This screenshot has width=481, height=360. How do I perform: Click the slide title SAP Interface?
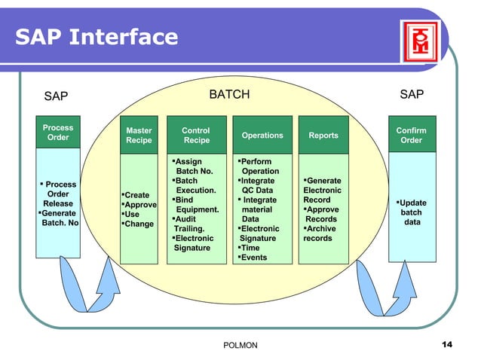[96, 36]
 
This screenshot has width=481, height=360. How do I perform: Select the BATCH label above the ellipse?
[228, 95]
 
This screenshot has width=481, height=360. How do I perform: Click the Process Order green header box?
[58, 133]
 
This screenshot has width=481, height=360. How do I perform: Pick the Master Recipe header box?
[139, 136]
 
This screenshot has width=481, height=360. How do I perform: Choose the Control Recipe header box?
[196, 136]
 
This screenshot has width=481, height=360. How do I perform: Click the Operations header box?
[262, 136]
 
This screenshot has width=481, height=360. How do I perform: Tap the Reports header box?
[323, 136]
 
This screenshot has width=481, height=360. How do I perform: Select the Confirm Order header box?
[411, 136]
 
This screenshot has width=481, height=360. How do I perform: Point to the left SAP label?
[56, 96]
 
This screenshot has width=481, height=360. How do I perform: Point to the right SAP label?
[411, 95]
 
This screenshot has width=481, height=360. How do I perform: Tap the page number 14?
[446, 344]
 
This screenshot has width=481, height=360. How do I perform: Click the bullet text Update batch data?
[412, 212]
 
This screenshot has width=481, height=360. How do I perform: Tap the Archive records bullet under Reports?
[320, 233]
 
